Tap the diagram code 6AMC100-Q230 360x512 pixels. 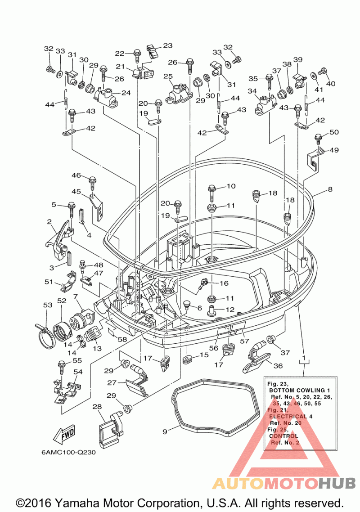[68, 453]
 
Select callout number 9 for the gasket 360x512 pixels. [165, 431]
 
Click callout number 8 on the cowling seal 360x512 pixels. [330, 189]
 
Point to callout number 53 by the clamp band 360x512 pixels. [48, 305]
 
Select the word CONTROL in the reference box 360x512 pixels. [283, 436]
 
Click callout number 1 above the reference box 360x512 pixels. [304, 358]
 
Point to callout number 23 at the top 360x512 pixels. [167, 45]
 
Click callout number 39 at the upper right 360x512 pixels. [297, 59]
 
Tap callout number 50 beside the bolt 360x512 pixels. [334, 132]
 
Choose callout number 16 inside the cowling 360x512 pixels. [224, 283]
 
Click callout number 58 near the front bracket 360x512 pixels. [122, 339]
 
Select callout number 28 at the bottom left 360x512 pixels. [97, 407]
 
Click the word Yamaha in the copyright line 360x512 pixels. [73, 503]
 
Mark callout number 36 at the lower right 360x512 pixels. [278, 366]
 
